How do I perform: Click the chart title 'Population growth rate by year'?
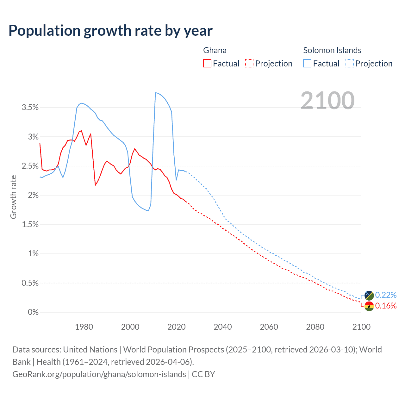point(110,31)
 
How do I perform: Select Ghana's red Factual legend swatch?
point(207,63)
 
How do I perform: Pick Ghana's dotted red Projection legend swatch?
point(249,63)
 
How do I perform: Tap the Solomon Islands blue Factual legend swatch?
point(307,63)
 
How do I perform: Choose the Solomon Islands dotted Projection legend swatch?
point(349,63)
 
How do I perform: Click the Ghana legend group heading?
point(215,50)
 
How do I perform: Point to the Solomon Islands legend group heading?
point(332,50)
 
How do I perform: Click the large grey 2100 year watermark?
point(327,100)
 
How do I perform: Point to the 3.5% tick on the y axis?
point(30,108)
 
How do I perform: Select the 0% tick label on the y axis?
point(33,312)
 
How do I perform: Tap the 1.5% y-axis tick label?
point(30,225)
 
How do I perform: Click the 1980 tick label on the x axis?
point(84,327)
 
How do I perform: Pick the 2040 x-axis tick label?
point(223,327)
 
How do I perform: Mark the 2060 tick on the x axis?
point(269,327)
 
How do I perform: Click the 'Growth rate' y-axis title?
point(13,197)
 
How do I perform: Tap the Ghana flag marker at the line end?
point(369,306)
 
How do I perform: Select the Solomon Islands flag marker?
point(369,296)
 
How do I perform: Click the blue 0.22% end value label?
point(386,295)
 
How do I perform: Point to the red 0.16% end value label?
point(386,306)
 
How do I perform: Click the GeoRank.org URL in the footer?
point(99,374)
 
